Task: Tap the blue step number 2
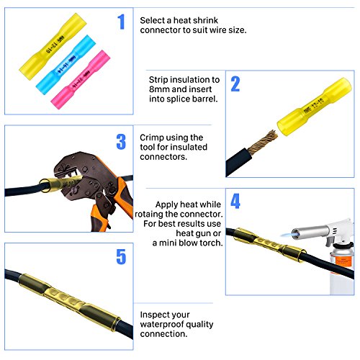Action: point(235,86)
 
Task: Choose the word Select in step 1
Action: point(156,22)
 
